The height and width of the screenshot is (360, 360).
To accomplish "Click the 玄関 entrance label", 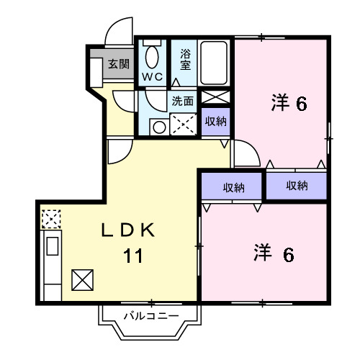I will (119, 64).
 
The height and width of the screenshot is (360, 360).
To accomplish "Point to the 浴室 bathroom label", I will (186, 59).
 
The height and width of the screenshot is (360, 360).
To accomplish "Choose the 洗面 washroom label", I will (182, 100).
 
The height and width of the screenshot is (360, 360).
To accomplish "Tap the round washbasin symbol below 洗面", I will (160, 127).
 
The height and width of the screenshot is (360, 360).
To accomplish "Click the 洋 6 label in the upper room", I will (289, 103).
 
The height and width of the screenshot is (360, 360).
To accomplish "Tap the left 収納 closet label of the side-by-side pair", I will (233, 186).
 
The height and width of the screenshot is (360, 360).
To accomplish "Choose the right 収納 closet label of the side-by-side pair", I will (297, 186).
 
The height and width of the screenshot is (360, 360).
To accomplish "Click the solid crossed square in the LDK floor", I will (82, 278).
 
